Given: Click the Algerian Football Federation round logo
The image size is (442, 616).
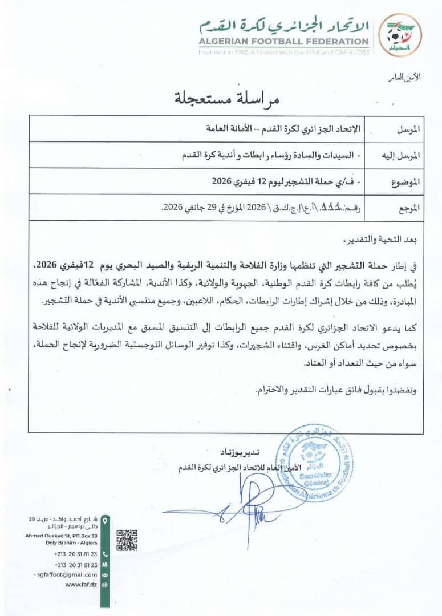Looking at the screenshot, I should click(x=400, y=35).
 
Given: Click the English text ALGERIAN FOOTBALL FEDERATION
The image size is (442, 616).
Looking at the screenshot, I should click(x=283, y=42).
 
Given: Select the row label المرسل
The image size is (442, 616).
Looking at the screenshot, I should click(x=407, y=129).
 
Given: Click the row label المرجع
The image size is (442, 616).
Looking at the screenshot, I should click(x=407, y=208).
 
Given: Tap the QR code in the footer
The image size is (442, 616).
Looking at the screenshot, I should click(x=127, y=540).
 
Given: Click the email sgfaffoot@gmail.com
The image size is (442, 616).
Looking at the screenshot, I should click(x=66, y=574).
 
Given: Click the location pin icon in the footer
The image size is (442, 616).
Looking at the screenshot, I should click(x=104, y=520).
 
